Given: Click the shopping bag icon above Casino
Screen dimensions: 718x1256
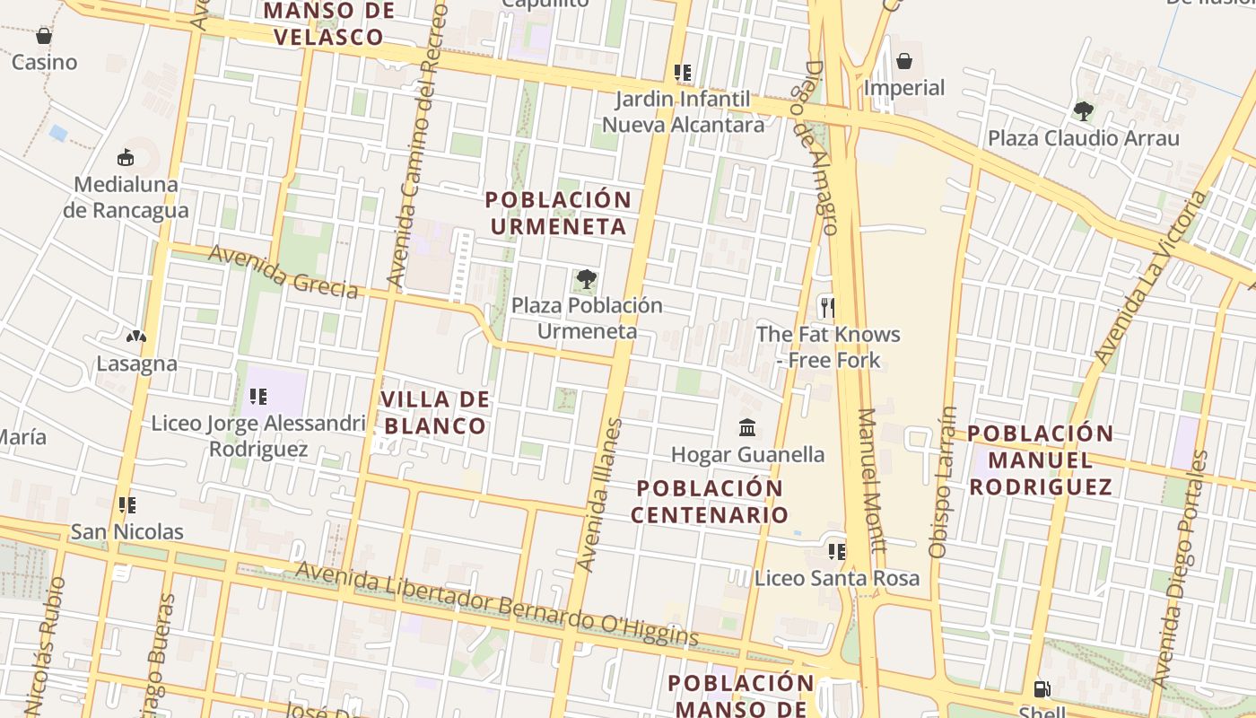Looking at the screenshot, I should click(43, 36).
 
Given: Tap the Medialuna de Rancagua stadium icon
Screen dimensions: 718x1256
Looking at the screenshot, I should click(126, 158).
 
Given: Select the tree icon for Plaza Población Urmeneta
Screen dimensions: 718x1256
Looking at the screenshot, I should click(586, 279).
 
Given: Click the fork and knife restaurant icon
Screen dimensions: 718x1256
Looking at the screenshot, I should click(827, 308).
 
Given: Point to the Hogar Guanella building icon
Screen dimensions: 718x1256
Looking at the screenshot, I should click(747, 427).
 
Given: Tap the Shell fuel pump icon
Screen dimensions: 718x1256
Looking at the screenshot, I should click(1042, 689).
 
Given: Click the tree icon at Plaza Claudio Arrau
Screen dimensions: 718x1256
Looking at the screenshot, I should click(1083, 111).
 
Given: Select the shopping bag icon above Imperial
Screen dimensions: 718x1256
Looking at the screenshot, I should click(904, 61).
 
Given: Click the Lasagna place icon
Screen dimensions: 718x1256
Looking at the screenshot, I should click(136, 337).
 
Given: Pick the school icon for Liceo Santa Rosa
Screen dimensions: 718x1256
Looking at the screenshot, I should click(836, 551).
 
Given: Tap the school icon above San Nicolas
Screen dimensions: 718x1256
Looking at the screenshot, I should click(127, 505).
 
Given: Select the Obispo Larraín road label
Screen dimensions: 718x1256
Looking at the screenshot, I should click(943, 483).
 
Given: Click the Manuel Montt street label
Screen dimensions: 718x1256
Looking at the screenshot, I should click(871, 480).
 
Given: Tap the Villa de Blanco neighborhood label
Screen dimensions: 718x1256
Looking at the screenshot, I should click(435, 412).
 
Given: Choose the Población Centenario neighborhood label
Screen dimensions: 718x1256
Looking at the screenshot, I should click(709, 502).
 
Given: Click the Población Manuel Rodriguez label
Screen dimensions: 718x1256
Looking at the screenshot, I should click(1041, 460).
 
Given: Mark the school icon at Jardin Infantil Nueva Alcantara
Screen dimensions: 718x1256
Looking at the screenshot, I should click(683, 73).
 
